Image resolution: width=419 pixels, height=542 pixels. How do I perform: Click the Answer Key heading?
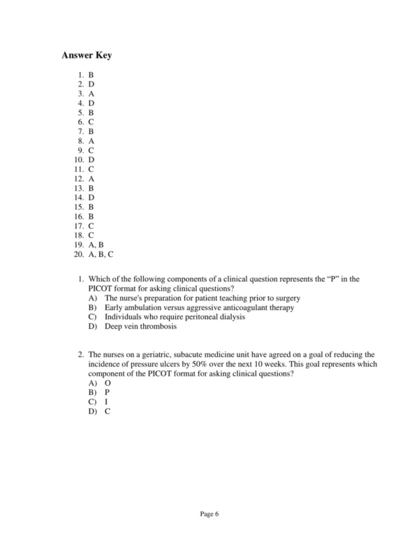pyautogui.click(x=86, y=55)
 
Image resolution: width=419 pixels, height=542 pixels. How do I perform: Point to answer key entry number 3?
pyautogui.click(x=86, y=92)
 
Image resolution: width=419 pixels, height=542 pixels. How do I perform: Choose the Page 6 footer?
pyautogui.click(x=209, y=514)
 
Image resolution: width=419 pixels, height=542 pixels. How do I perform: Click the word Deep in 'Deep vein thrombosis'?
pyautogui.click(x=114, y=326)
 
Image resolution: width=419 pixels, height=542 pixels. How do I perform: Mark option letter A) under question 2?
pyautogui.click(x=91, y=383)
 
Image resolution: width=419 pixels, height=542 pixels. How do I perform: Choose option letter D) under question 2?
pyautogui.click(x=91, y=411)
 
